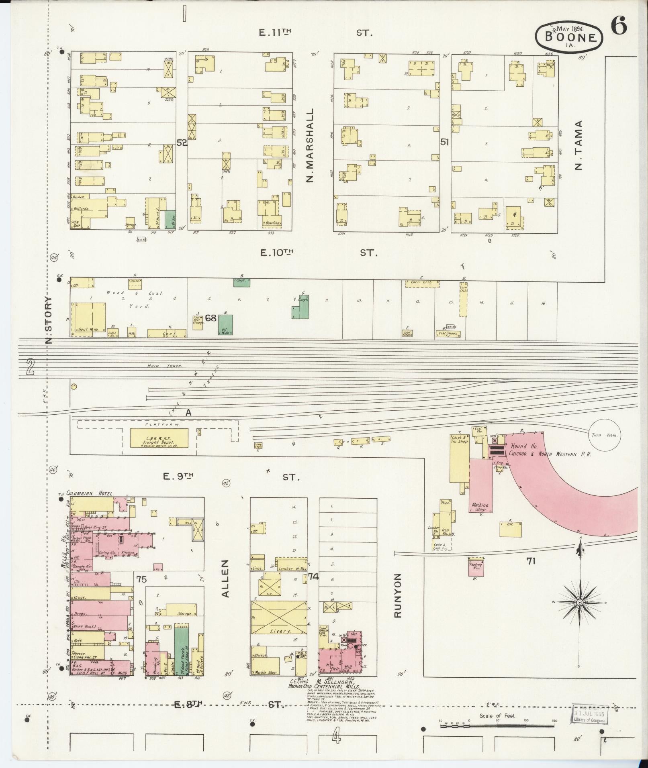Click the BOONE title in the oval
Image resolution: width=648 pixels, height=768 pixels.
click(569, 37)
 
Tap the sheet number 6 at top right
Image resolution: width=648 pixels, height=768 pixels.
click(619, 27)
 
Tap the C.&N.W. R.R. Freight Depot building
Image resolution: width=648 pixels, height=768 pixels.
click(159, 438)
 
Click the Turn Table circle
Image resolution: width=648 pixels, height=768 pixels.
click(605, 435)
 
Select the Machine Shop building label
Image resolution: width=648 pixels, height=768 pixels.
click(480, 507)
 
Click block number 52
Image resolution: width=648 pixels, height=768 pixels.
click(182, 142)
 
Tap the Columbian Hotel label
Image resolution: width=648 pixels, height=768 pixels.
click(90, 493)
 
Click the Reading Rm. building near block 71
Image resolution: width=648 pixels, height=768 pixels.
click(476, 566)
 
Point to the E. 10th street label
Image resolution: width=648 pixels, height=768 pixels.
click(277, 253)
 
